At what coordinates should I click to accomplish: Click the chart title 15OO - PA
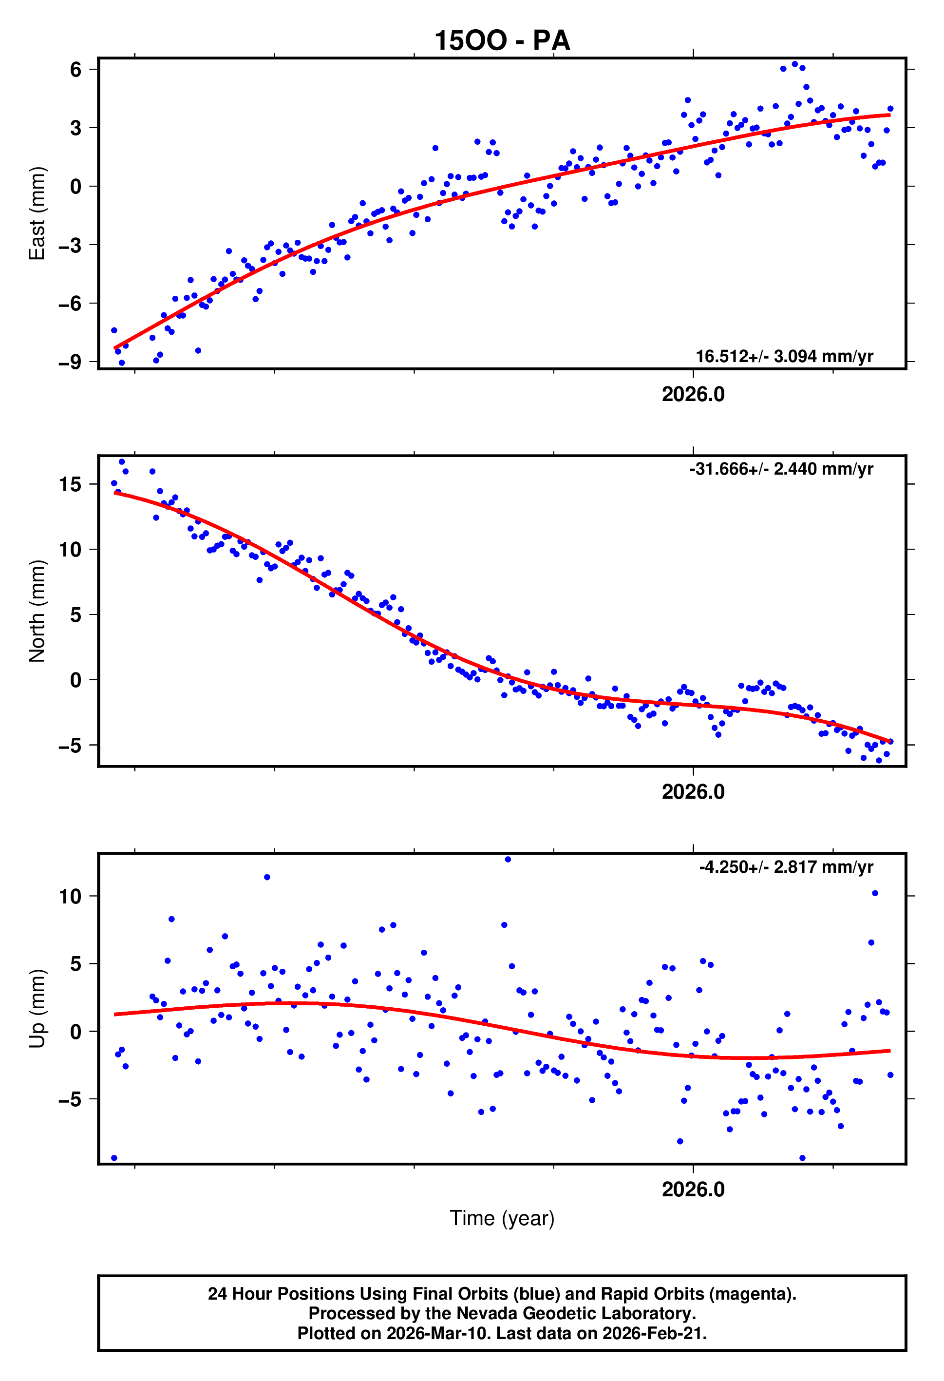502,40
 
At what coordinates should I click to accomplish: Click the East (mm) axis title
37,213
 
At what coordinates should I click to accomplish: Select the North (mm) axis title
37,611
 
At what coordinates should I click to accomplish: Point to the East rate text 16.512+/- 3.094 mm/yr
784,357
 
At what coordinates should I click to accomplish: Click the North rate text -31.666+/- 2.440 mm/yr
781,469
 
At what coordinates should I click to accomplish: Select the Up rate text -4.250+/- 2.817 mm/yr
786,867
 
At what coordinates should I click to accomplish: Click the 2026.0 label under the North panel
693,792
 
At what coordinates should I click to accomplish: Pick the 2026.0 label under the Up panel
693,1189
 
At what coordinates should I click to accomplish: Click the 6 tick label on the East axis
76,70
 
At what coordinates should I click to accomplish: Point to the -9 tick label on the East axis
70,362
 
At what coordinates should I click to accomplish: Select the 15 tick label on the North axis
70,484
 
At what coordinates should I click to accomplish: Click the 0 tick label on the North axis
76,680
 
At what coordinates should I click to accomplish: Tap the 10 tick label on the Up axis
70,896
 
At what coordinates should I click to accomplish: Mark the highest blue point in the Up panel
508,859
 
